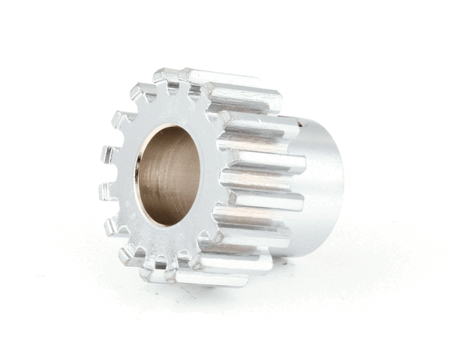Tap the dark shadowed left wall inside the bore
150,180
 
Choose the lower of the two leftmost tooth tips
106,192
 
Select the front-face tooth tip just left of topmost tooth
142,91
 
